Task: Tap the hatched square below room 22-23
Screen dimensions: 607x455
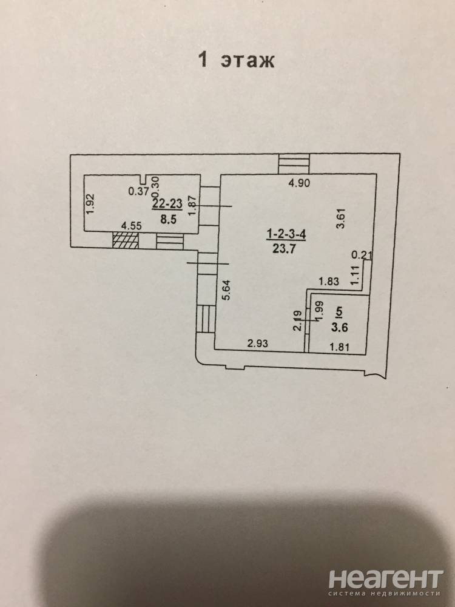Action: tap(126, 240)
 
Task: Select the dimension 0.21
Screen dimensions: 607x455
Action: tap(360, 255)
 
